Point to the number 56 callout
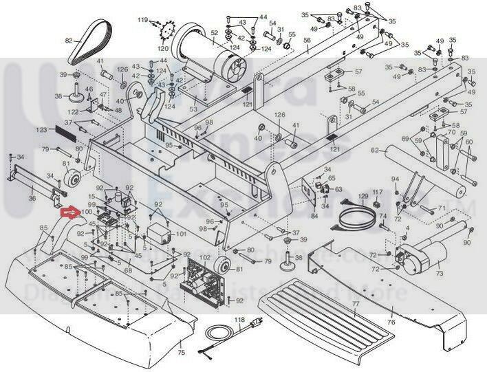[307, 41]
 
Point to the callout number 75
[182, 353]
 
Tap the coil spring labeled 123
[63, 128]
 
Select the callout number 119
[143, 21]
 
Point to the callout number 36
[32, 199]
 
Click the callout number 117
[378, 191]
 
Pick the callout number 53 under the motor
[193, 109]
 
